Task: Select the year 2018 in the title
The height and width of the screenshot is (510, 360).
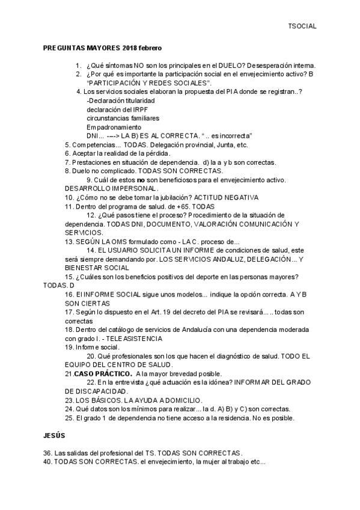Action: point(130,47)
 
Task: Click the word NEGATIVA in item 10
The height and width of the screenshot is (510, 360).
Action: point(239,197)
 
